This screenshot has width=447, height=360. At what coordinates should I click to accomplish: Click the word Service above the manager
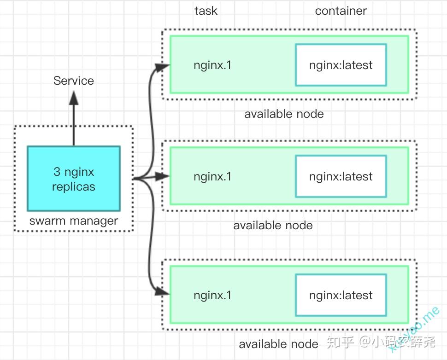73,81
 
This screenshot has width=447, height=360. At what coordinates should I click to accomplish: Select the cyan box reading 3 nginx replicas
74,179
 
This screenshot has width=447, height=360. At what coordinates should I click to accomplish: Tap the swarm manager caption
74,221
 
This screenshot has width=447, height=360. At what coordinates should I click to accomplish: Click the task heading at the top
206,11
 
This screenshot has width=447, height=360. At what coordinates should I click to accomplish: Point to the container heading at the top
341,11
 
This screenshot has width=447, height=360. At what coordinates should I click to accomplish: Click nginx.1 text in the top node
212,65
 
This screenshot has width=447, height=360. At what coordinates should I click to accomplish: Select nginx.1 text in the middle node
212,177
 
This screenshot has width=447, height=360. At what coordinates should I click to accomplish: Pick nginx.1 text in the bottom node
212,296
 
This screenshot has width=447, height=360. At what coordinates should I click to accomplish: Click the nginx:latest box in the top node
341,65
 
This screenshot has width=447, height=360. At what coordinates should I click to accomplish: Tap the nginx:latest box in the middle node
341,177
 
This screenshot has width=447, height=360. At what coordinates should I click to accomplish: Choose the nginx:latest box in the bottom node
341,296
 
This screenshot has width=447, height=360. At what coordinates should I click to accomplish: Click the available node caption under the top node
284,114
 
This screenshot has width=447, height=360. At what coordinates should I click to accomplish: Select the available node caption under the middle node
273,226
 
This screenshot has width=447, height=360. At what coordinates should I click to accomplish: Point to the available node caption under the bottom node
278,344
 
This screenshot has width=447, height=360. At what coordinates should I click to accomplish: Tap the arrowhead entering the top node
163,67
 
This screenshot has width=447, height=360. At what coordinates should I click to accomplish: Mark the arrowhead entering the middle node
163,176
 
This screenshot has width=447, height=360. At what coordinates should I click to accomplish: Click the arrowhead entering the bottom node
163,291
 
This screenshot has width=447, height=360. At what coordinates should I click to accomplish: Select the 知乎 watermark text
341,342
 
